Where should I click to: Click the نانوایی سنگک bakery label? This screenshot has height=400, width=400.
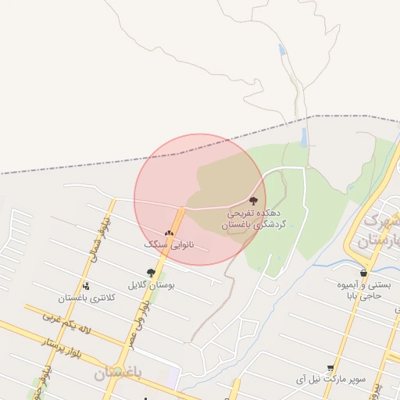(x=167, y=245)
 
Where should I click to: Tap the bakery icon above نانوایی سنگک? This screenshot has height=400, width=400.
(x=169, y=233)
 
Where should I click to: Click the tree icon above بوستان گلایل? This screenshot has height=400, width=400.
(x=151, y=273)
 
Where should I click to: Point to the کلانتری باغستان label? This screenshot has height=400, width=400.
(x=87, y=298)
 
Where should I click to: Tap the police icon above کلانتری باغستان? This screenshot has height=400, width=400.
(x=86, y=286)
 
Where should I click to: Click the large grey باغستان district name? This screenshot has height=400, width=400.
(x=117, y=373)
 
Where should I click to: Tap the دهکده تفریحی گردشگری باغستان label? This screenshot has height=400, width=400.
(x=256, y=218)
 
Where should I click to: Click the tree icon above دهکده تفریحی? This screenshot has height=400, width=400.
(x=252, y=201)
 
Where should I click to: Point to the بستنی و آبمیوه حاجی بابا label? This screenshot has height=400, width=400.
(x=362, y=291)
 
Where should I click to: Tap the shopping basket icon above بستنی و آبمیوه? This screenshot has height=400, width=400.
(x=363, y=273)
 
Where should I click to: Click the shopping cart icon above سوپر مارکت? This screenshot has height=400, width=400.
(x=330, y=367)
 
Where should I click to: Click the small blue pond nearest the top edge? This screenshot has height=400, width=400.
(x=282, y=50)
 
